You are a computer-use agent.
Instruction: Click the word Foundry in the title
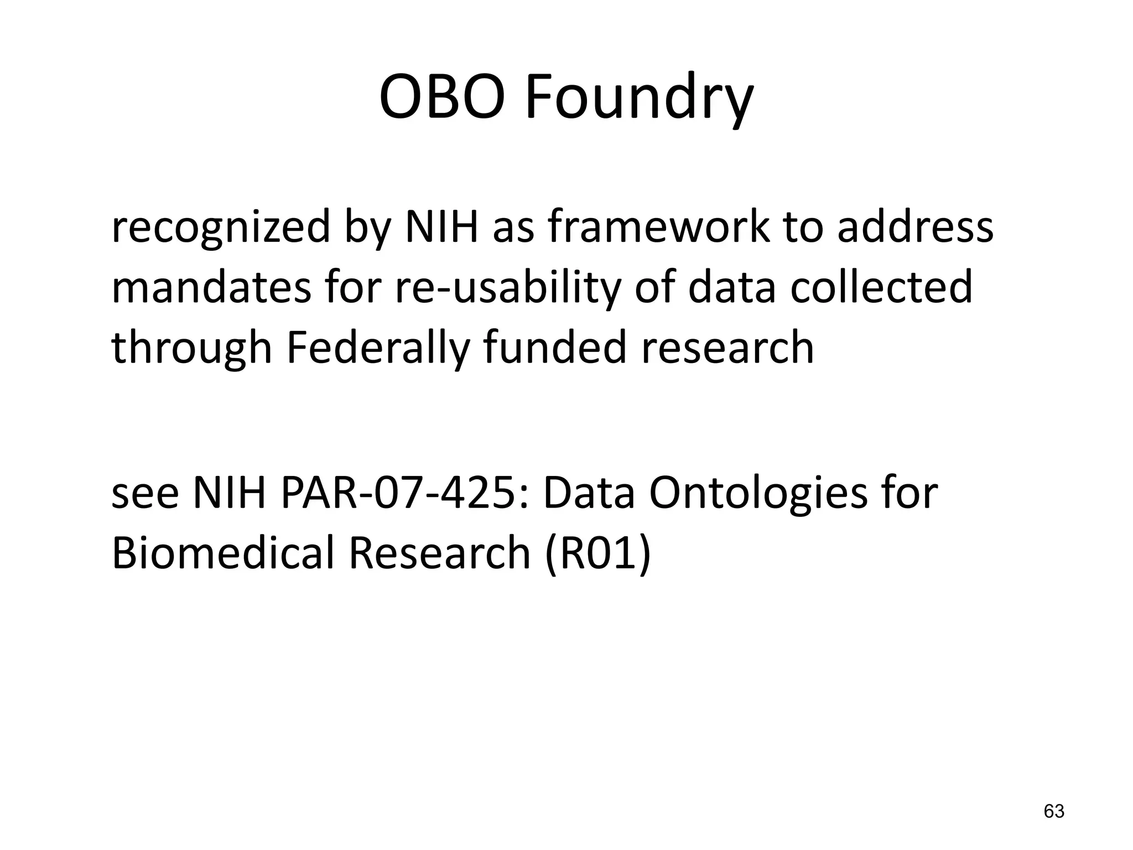coord(638,100)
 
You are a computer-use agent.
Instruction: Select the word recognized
coord(220,228)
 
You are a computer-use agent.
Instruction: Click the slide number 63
coord(1053,811)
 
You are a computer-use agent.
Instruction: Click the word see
coord(145,495)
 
